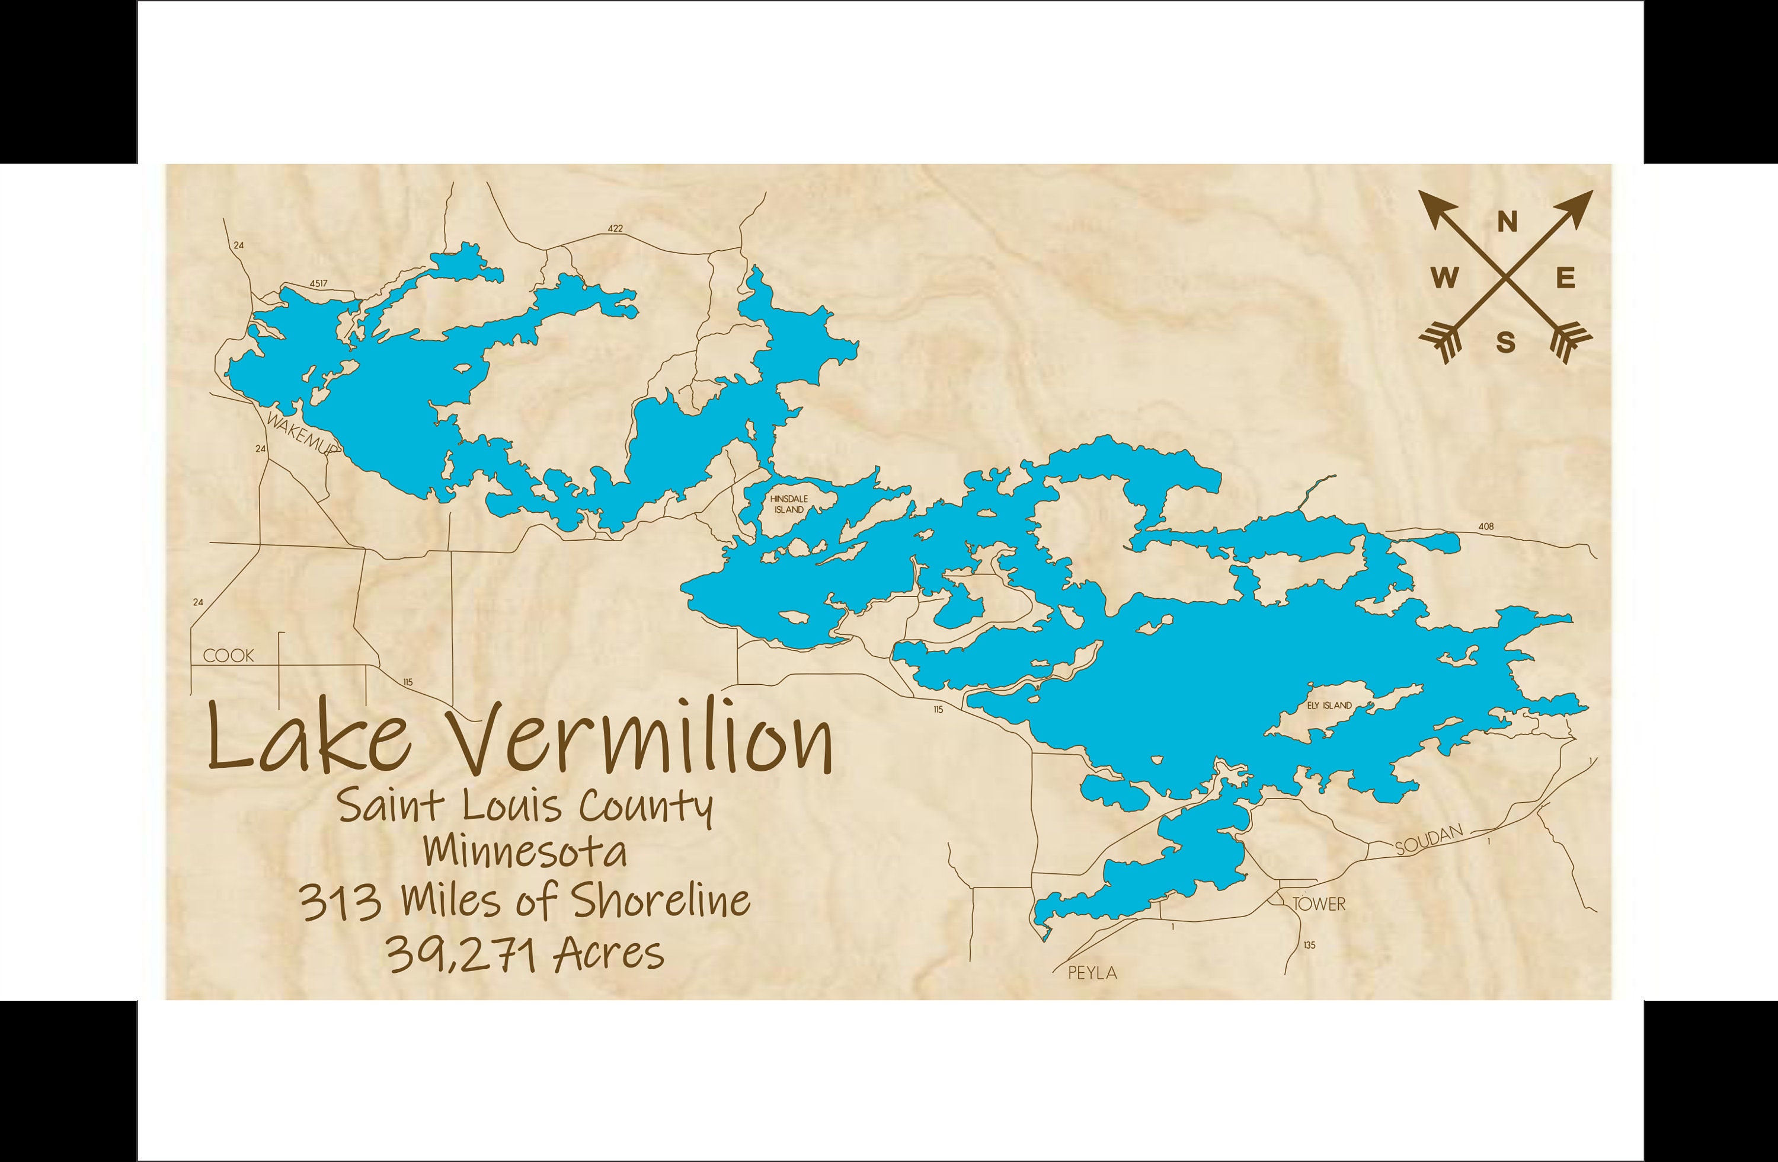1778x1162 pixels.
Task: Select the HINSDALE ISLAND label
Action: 789,504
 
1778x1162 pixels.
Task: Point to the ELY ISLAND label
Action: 1329,705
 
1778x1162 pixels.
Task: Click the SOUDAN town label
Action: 1428,840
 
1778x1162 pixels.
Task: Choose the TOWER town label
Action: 1319,904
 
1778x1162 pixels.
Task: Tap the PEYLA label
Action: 1092,972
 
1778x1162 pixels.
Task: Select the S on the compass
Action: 1506,343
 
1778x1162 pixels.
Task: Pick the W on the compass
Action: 1445,279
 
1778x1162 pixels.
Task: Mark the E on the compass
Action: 1566,279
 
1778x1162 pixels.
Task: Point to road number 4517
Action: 319,284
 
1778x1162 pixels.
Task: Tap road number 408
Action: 1486,526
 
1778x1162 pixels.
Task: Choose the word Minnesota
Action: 525,852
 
